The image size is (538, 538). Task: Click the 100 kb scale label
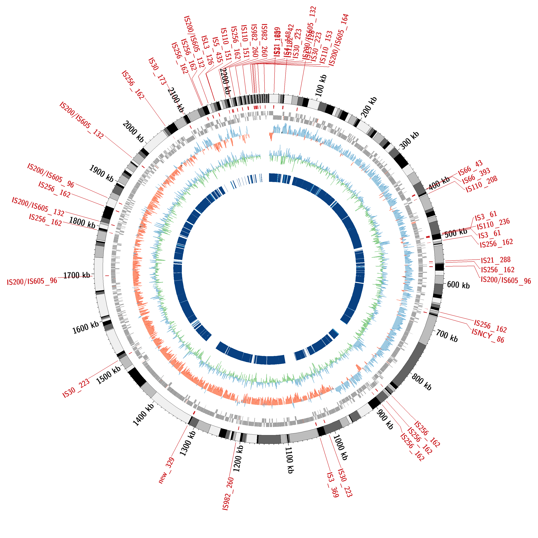321,86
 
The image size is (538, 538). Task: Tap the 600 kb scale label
458,285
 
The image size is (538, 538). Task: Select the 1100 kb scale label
290,460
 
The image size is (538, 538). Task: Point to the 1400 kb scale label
144,415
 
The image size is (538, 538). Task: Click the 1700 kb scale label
77,275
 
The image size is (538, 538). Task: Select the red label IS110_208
482,184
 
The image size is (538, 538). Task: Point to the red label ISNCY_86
488,336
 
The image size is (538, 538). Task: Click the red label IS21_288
496,260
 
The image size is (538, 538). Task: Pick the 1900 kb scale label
101,173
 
